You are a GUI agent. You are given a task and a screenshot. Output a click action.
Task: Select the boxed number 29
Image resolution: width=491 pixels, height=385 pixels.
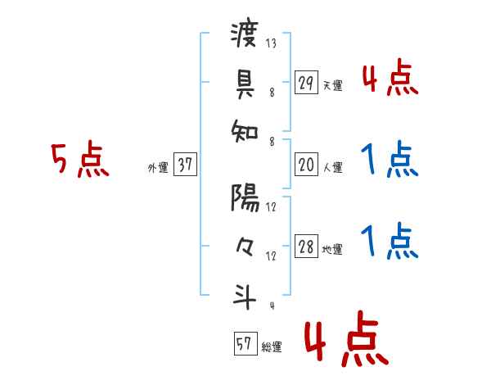point(306,83)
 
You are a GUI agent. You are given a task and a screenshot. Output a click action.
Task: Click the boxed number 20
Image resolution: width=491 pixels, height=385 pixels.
point(306,165)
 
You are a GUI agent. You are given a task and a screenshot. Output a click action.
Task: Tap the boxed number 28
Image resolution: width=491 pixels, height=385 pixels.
point(306,247)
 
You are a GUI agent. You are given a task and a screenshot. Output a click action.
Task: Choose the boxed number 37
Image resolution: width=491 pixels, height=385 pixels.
point(186,165)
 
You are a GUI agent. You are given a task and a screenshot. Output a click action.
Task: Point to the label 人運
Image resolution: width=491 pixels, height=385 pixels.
point(332,168)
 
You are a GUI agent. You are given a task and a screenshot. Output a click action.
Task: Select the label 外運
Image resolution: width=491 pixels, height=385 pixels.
point(158,168)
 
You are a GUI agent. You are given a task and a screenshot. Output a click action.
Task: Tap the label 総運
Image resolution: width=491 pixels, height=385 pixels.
point(272,347)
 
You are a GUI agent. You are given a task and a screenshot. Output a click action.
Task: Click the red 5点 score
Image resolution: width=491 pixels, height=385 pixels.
point(79,160)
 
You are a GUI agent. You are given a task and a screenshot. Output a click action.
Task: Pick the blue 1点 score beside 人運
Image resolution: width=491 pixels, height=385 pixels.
point(390,159)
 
